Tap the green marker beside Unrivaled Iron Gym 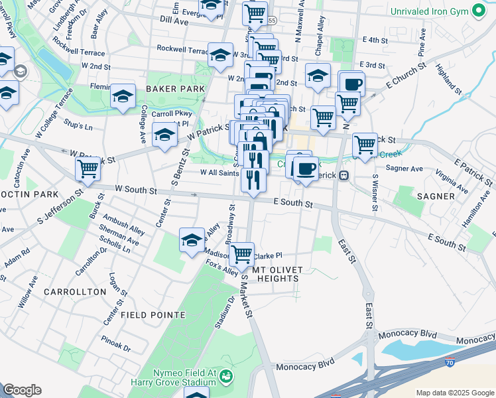[477, 11]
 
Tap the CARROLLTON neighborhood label [75, 292]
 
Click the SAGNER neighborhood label [437, 196]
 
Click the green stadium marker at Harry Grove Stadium [226, 378]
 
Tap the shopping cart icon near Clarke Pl [242, 253]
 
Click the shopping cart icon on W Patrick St [88, 168]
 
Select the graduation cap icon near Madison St [192, 240]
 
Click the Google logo [22, 390]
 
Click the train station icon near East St [343, 176]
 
